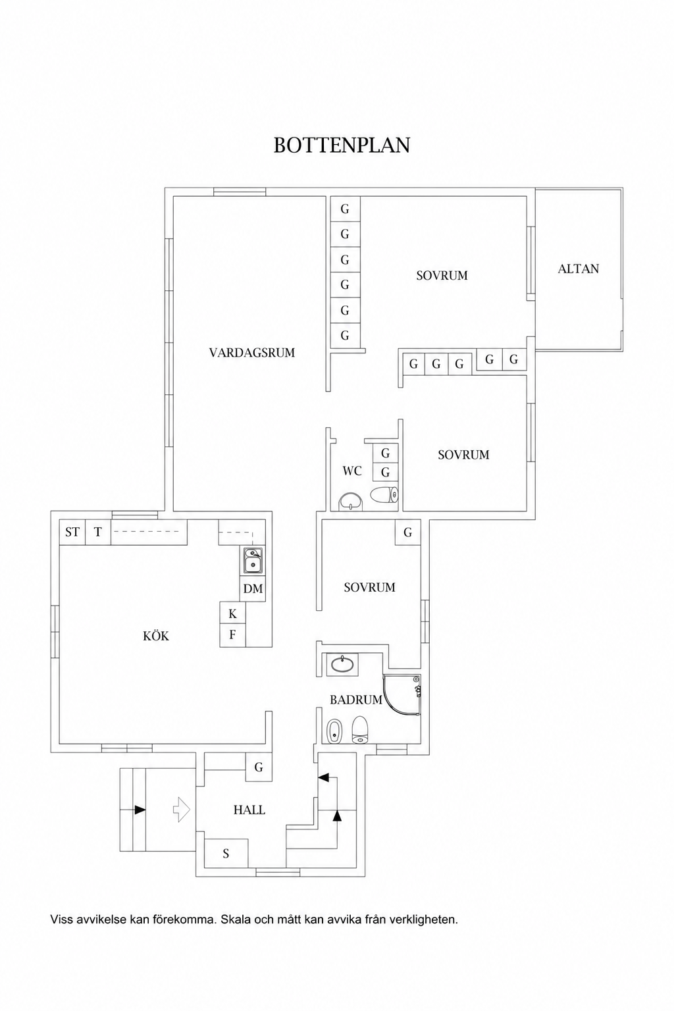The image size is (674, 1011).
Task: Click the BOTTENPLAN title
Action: pyautogui.click(x=342, y=145)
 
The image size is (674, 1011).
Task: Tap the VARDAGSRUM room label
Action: pyautogui.click(x=252, y=353)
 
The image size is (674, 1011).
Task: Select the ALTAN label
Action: pyautogui.click(x=579, y=269)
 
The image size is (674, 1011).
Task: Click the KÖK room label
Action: pyautogui.click(x=156, y=636)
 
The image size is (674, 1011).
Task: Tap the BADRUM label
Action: pyautogui.click(x=355, y=700)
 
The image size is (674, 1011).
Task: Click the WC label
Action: pyautogui.click(x=352, y=471)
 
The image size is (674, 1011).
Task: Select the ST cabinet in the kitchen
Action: pyautogui.click(x=72, y=532)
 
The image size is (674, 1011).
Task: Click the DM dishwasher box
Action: pyautogui.click(x=252, y=588)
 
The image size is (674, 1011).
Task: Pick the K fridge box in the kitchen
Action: pyautogui.click(x=232, y=614)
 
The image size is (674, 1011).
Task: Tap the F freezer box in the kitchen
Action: pyautogui.click(x=232, y=635)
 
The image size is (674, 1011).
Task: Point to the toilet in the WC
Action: pyautogui.click(x=384, y=495)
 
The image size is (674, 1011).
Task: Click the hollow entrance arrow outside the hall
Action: pyautogui.click(x=182, y=810)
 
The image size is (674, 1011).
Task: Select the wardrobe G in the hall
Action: pyautogui.click(x=259, y=767)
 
